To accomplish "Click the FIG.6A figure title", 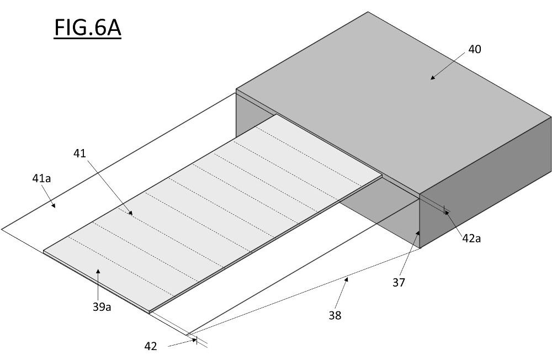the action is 87,28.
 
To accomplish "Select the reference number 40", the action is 475,49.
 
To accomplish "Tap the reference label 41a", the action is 41,178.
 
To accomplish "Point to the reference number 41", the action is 79,153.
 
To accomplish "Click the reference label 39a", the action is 102,307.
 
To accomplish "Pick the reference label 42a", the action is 471,239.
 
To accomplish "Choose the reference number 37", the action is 399,283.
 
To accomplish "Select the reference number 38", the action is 335,315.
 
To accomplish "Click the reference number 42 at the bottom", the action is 151,346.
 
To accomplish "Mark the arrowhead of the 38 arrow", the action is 347,279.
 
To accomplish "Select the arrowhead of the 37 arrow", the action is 418,232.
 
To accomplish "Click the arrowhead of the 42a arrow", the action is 445,211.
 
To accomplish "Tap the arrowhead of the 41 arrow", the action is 131,213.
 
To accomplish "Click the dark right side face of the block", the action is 486,183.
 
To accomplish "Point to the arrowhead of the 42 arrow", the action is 195,340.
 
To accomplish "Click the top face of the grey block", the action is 394,102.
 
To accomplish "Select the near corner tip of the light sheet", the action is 149,313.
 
